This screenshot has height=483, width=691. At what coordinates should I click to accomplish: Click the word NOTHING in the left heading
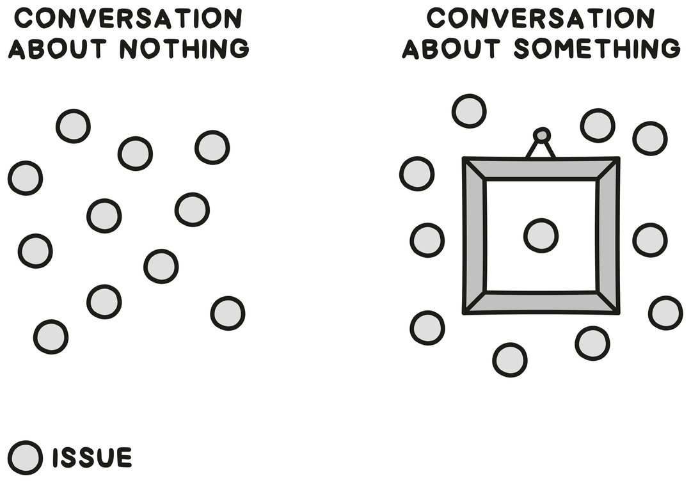click(x=185, y=49)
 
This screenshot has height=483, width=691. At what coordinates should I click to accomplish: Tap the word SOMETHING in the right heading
click(x=597, y=49)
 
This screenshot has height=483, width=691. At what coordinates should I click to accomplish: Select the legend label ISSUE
click(x=93, y=457)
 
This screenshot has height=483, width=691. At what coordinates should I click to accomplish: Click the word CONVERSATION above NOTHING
click(x=128, y=19)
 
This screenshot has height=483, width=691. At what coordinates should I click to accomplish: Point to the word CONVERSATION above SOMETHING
click(x=541, y=19)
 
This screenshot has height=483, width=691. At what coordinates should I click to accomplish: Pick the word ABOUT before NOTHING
click(x=58, y=49)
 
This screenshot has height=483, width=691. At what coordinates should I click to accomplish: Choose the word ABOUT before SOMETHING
click(x=451, y=49)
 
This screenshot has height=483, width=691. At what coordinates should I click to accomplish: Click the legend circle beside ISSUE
click(x=26, y=457)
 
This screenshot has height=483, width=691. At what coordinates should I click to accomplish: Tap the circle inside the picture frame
click(x=541, y=236)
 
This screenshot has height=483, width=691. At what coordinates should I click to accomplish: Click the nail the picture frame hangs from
click(x=542, y=134)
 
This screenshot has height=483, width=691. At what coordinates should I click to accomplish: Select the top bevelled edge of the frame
click(x=541, y=168)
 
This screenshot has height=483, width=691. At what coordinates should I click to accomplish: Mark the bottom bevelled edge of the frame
click(x=541, y=303)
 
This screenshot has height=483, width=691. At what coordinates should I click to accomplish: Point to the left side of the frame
click(x=475, y=235)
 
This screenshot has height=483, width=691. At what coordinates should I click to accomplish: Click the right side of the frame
click(x=608, y=235)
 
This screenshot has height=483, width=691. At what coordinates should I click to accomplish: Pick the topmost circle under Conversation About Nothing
click(x=73, y=126)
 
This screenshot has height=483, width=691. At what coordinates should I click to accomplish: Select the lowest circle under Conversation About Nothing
click(x=51, y=337)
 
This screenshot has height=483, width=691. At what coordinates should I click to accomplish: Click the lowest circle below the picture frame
click(x=510, y=360)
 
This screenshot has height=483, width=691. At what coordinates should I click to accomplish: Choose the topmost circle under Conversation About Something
click(x=469, y=111)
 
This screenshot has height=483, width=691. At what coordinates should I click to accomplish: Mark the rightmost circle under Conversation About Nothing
click(x=228, y=313)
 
